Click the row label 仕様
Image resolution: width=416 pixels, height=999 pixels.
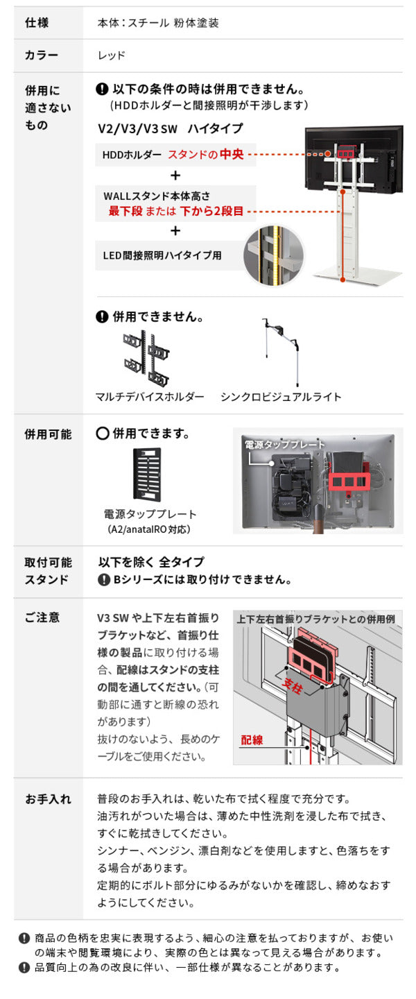coord(37,22)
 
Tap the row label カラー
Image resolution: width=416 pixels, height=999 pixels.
coord(41,56)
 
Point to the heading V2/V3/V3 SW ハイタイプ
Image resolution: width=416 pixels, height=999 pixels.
coord(171,128)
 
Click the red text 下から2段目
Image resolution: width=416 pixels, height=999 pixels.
coord(212,210)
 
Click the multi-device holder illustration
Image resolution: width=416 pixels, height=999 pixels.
coord(146,358)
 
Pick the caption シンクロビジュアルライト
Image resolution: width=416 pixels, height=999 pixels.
coord(281,397)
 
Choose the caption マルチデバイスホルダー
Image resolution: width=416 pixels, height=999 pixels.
coord(150,397)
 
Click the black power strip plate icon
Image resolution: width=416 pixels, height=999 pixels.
coord(147,475)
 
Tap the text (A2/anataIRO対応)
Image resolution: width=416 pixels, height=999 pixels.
coord(150,529)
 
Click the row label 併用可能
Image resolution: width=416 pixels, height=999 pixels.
coord(48,434)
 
